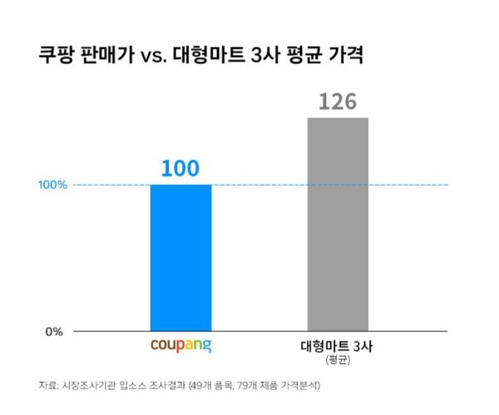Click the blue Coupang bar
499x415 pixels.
pyautogui.click(x=180, y=257)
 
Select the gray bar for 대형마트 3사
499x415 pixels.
pyautogui.click(x=337, y=224)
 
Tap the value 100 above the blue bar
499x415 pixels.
pyautogui.click(x=180, y=168)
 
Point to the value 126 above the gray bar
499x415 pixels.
pyautogui.click(x=337, y=102)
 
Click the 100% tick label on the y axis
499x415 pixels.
pyautogui.click(x=52, y=185)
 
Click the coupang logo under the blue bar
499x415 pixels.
pyautogui.click(x=180, y=343)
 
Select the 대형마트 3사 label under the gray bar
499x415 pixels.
pyautogui.click(x=337, y=345)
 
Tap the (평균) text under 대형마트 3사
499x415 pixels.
pyautogui.click(x=337, y=359)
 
